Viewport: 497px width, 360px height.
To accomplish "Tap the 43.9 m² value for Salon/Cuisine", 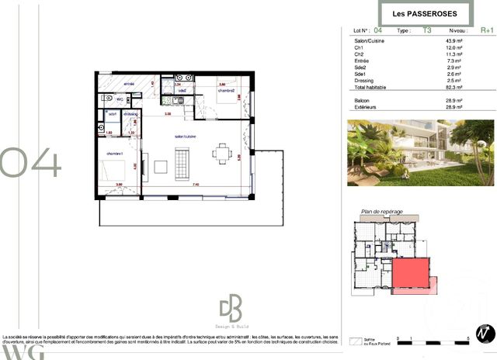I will tap(454, 40).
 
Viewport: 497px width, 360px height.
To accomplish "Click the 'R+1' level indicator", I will tap(487, 30).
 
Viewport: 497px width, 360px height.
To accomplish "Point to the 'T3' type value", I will tap(426, 30).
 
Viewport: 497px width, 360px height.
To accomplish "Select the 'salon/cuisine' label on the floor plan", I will tap(186, 135).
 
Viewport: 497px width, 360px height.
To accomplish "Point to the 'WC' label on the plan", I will tap(120, 99).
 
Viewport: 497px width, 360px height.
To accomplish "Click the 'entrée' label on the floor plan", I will tap(129, 83).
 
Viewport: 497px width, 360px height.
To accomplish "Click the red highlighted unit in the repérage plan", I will tap(411, 275).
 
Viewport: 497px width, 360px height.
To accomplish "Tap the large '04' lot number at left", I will tap(30, 162).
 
